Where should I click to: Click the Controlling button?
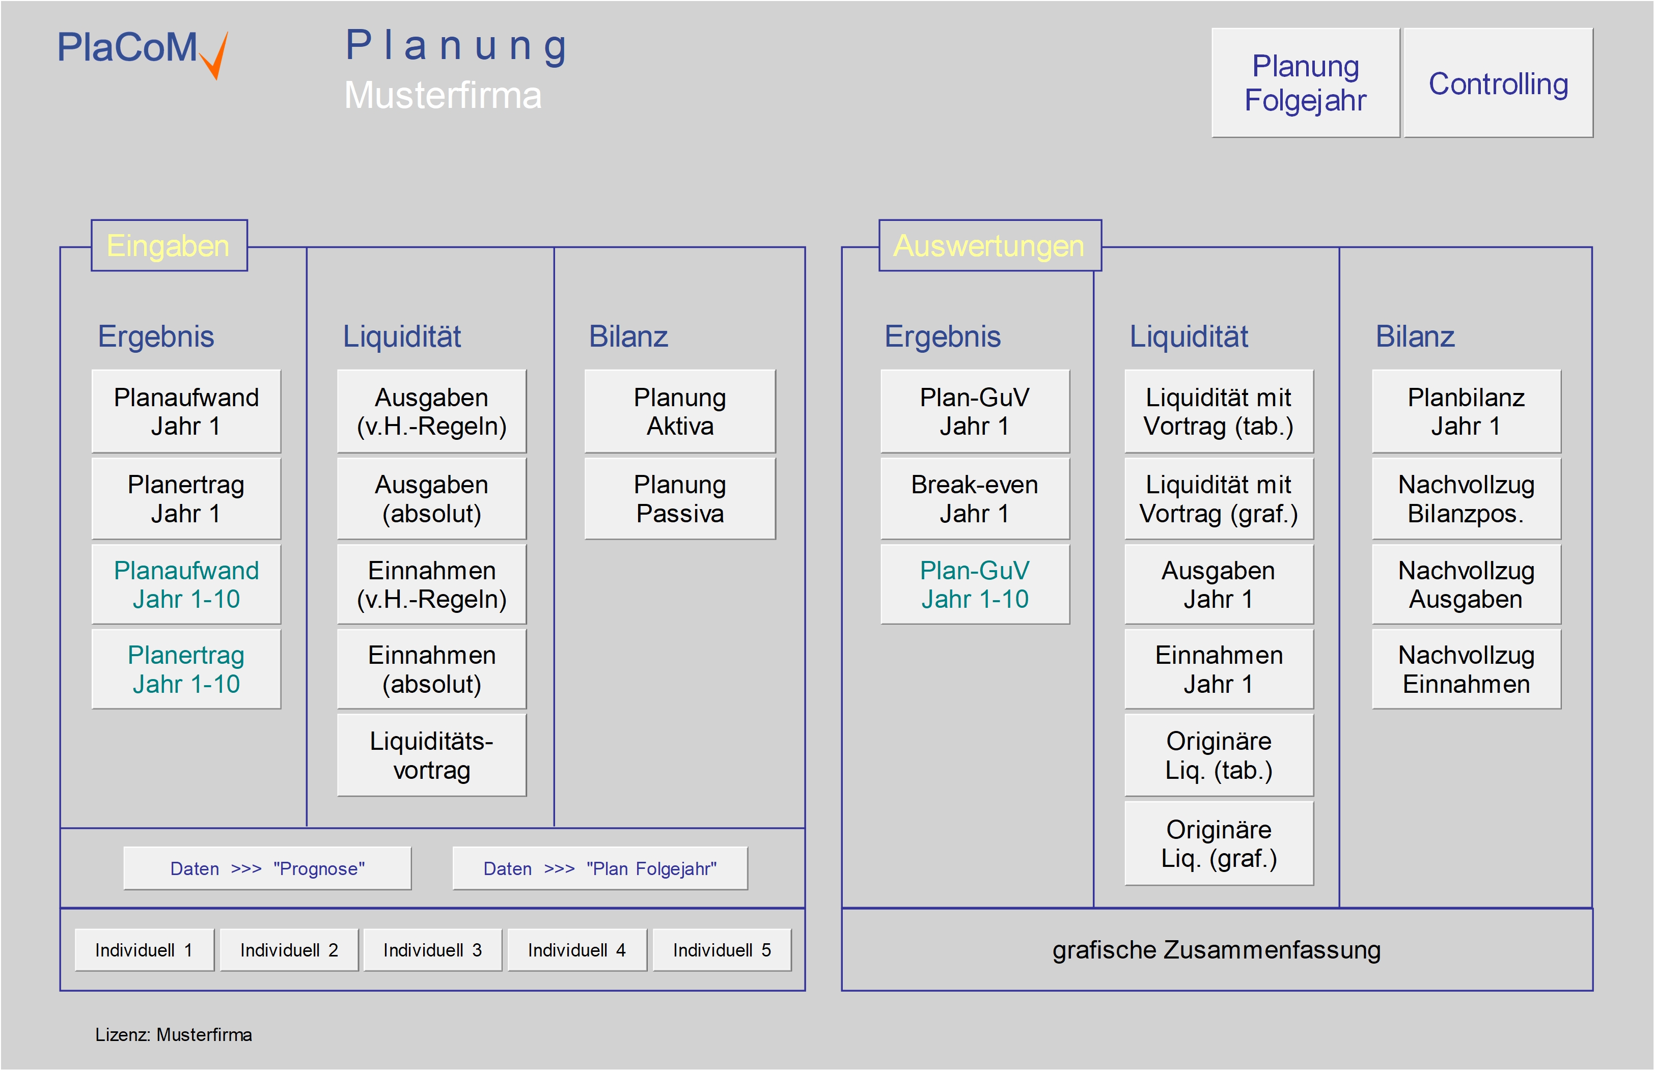tap(1498, 83)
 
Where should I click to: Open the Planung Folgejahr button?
tap(1305, 83)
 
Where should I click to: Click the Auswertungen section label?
tap(989, 246)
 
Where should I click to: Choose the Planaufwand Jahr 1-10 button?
tap(186, 584)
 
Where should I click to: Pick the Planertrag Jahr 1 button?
tap(186, 498)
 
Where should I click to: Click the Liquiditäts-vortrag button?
tap(431, 755)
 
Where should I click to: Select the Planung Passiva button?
tap(680, 498)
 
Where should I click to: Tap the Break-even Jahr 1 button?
tap(974, 498)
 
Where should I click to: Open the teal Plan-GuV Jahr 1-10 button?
tap(974, 584)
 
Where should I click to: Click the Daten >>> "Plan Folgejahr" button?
tap(600, 868)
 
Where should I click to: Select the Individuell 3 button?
tap(432, 950)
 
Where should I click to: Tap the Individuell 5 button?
tap(722, 950)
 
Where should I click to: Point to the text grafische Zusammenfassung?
tap(1216, 950)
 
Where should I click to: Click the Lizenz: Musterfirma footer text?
tap(174, 1034)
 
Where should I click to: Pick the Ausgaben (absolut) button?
tap(431, 498)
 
